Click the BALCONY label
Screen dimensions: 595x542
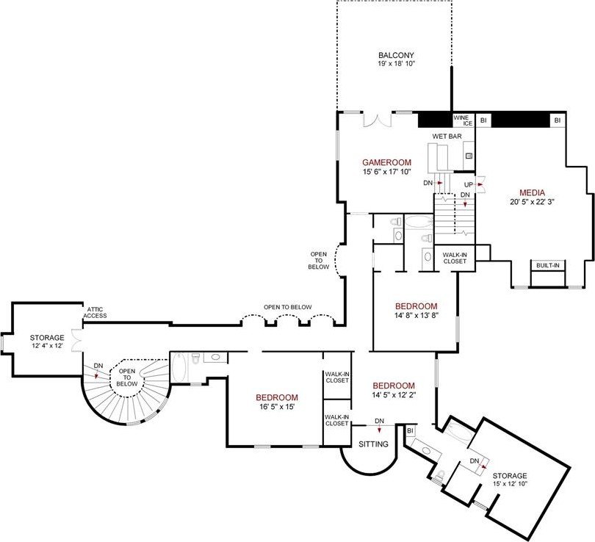396,55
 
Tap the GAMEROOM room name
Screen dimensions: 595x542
386,162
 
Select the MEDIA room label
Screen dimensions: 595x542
532,192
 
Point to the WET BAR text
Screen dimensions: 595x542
447,136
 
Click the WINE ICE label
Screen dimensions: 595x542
463,120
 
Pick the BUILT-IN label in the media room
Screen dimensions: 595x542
547,266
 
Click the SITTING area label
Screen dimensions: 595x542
373,444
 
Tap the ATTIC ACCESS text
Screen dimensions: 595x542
95,313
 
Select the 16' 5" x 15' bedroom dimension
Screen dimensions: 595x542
277,407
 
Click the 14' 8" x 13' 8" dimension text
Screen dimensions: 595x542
416,315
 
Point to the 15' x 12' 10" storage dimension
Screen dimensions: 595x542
511,484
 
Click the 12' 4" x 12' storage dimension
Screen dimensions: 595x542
47,346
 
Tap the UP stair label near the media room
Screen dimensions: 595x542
469,185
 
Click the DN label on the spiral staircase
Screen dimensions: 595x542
98,366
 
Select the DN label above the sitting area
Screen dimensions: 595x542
379,421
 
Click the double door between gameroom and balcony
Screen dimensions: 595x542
377,119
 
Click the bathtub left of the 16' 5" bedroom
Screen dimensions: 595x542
178,368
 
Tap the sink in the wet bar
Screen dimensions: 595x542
469,156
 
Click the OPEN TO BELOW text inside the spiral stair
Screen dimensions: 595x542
127,377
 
